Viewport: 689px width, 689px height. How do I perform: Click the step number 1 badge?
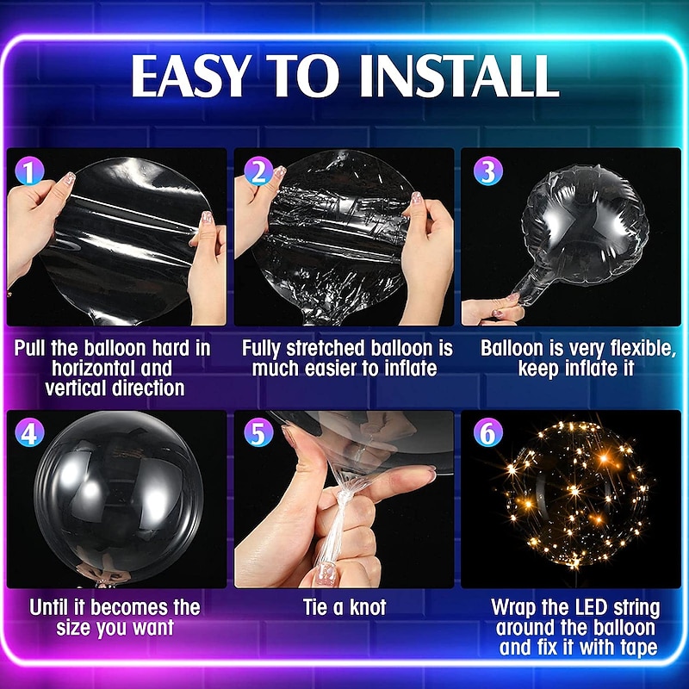point(29,171)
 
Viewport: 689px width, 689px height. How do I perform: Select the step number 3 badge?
point(487,171)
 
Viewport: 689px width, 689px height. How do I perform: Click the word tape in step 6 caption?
point(639,648)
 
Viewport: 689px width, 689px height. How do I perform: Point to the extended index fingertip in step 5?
point(427,473)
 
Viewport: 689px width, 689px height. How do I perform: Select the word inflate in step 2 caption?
point(411,369)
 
